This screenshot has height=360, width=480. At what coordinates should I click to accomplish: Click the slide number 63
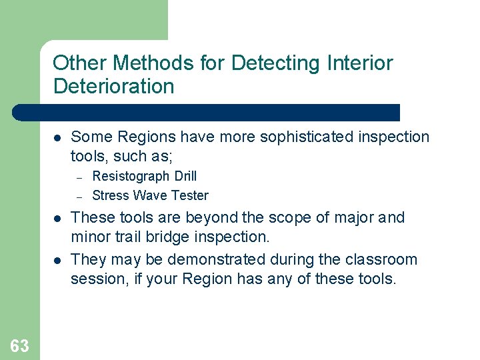(19, 345)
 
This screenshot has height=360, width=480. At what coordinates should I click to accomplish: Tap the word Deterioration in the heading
(113, 87)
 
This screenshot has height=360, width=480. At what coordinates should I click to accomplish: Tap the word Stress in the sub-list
(110, 195)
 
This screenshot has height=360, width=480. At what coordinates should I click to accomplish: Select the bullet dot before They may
(57, 260)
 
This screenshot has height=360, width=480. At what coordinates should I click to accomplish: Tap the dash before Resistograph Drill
(79, 177)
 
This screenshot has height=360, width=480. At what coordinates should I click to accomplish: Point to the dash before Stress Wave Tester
(79, 196)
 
